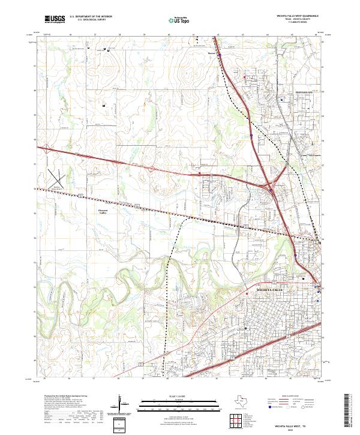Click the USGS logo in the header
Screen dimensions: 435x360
point(54,20)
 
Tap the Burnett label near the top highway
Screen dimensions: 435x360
point(211,52)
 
